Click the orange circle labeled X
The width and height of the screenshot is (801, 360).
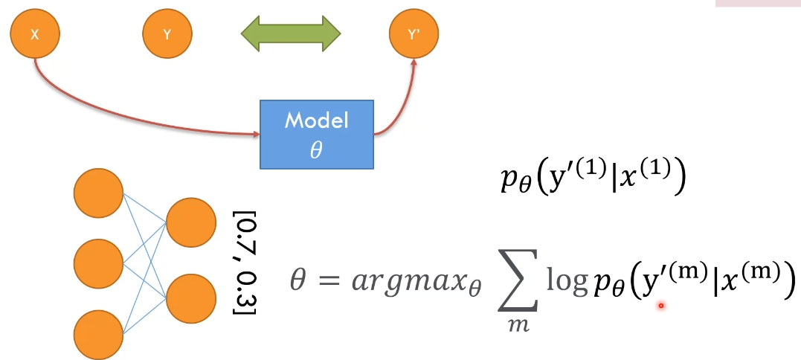(x=34, y=34)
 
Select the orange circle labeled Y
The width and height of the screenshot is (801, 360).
(x=167, y=34)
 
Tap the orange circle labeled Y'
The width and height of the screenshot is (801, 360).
(x=414, y=34)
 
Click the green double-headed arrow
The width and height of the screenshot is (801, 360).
(x=290, y=33)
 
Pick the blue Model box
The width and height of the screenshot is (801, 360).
(x=316, y=132)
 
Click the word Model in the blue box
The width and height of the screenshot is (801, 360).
(x=316, y=121)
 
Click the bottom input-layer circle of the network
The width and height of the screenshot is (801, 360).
(x=97, y=332)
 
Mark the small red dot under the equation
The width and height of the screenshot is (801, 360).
(x=660, y=305)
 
